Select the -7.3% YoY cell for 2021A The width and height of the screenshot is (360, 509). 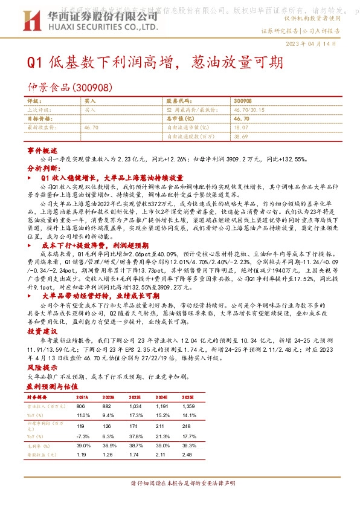click(x=83, y=436)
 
